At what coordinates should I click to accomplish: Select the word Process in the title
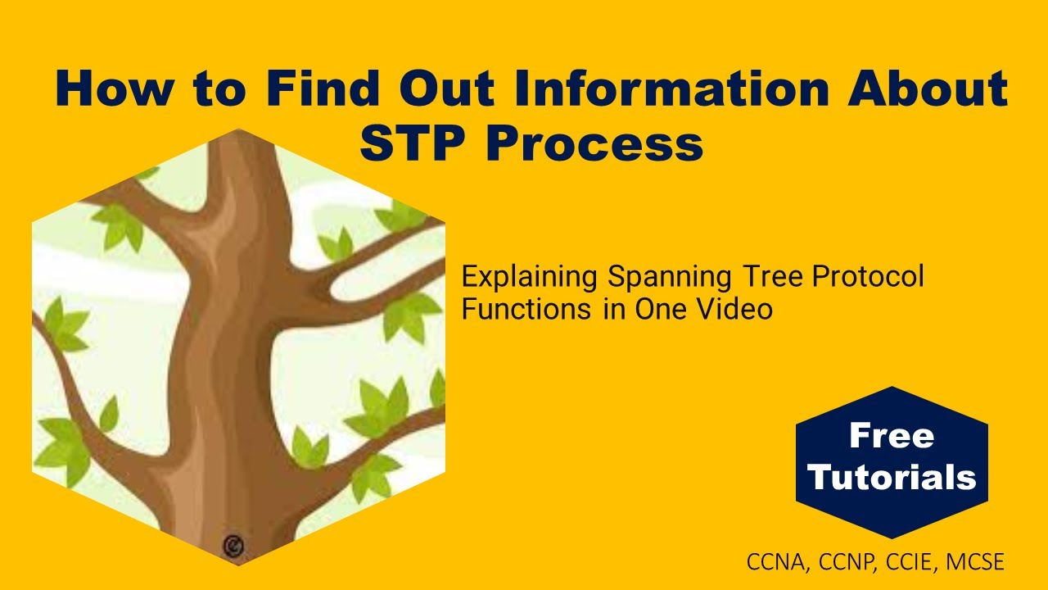(594, 144)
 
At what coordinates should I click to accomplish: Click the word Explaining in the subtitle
(529, 278)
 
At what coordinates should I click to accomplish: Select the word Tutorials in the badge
(892, 477)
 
